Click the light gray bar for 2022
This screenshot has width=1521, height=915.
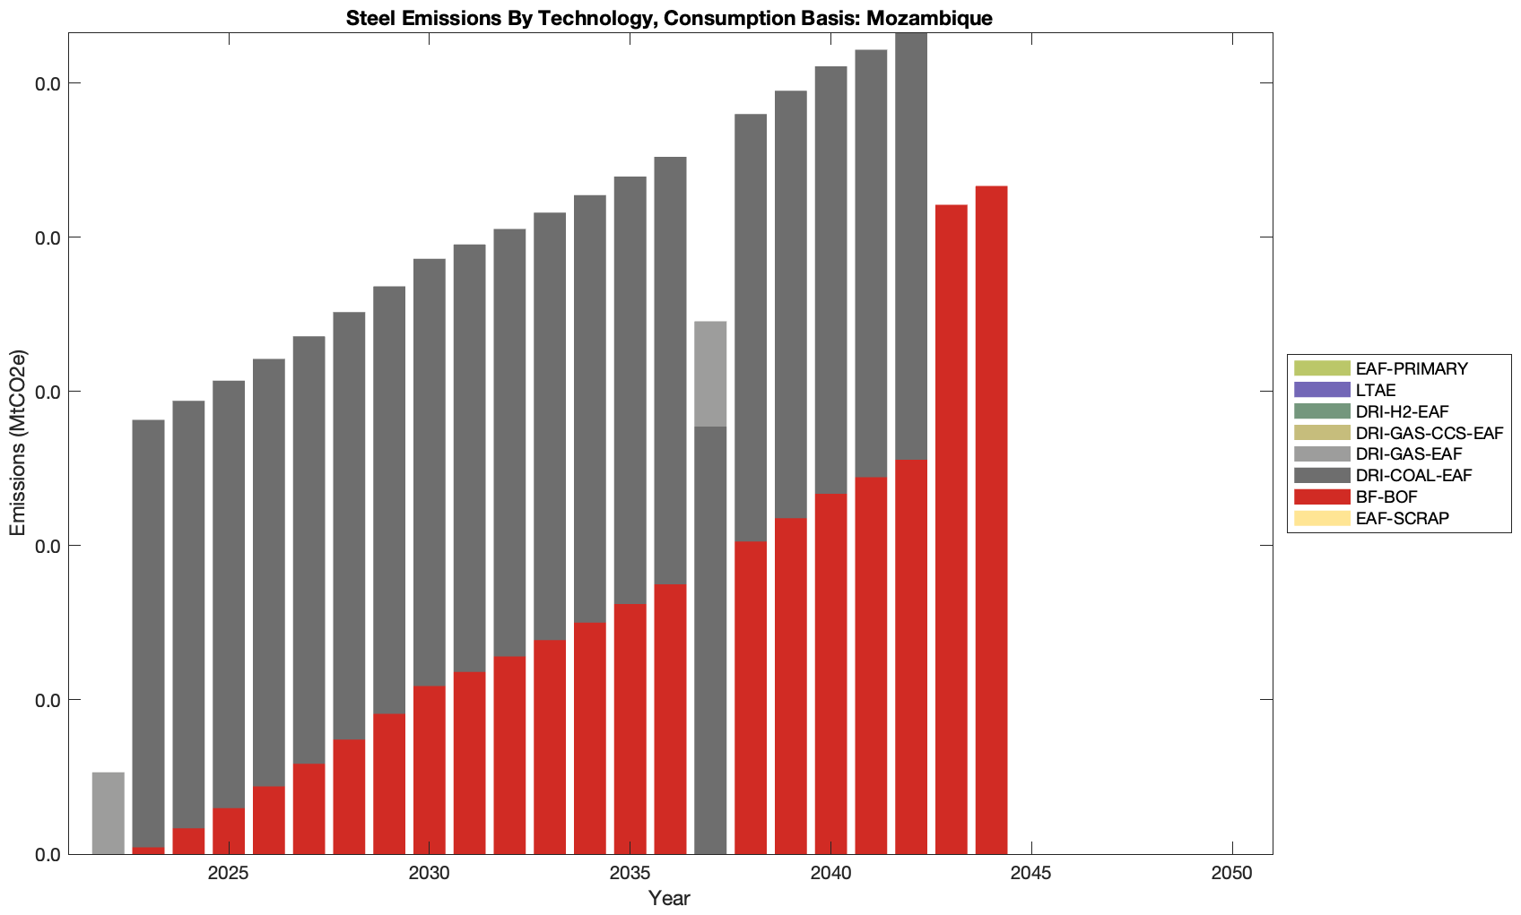[108, 813]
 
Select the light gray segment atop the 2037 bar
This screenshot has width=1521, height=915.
[710, 373]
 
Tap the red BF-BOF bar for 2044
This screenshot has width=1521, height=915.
[991, 520]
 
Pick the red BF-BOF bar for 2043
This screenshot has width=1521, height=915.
[951, 529]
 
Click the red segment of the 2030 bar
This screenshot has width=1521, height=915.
[429, 770]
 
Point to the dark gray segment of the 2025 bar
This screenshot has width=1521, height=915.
[229, 593]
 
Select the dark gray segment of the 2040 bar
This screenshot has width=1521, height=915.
[830, 280]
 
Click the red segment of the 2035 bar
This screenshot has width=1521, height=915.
[630, 729]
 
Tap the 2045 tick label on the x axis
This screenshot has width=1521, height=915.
[1031, 876]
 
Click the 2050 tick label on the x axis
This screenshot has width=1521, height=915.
[1232, 876]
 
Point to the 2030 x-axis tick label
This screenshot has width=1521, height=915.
[429, 876]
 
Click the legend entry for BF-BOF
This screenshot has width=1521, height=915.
[1386, 497]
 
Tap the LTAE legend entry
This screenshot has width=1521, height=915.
[1376, 390]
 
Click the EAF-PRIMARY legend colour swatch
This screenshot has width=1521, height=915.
[1321, 368]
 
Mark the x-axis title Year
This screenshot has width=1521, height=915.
[669, 898]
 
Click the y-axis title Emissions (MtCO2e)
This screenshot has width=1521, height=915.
[18, 443]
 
